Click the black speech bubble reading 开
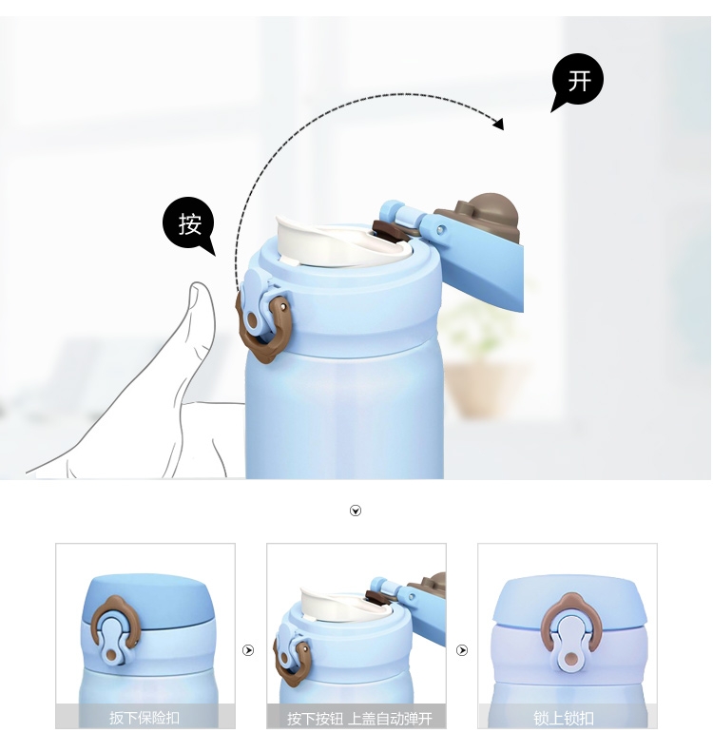pyautogui.click(x=578, y=81)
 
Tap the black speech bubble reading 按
pyautogui.click(x=189, y=224)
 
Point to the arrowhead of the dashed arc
pyautogui.click(x=499, y=124)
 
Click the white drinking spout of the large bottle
pyautogui.click(x=343, y=242)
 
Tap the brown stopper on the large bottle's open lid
pyautogui.click(x=480, y=215)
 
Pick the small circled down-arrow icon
pyautogui.click(x=356, y=511)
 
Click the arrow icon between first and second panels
pyautogui.click(x=248, y=650)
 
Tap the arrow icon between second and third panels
pyautogui.click(x=462, y=650)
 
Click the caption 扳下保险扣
pyautogui.click(x=145, y=718)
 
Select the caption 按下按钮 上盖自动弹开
pyautogui.click(x=359, y=719)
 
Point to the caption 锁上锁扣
pyautogui.click(x=564, y=718)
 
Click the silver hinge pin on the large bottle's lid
pyautogui.click(x=440, y=230)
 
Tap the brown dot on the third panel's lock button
pyautogui.click(x=570, y=660)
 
